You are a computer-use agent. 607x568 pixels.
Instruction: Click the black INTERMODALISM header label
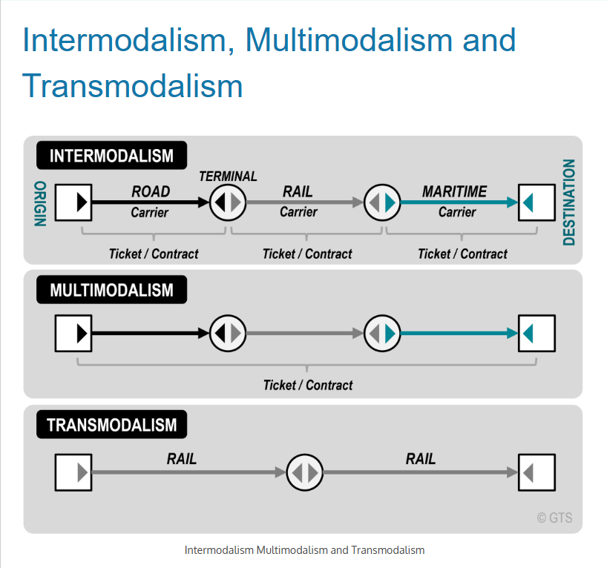tap(111, 156)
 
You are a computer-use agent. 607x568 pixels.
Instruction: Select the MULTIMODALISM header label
tap(111, 289)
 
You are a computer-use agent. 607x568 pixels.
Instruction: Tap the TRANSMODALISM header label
tap(111, 425)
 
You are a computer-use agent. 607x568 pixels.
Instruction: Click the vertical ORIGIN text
tap(40, 204)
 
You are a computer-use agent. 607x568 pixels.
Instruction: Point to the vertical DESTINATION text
tap(569, 202)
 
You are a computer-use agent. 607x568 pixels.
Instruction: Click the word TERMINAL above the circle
tap(228, 176)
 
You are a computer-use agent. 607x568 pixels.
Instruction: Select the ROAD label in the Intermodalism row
tap(151, 191)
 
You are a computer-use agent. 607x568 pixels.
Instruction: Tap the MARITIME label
tap(454, 191)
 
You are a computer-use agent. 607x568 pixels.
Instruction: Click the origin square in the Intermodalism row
tap(73, 202)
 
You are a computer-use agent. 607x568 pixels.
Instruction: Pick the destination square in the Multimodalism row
tap(537, 334)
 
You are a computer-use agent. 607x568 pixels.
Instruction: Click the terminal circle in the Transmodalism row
tap(305, 472)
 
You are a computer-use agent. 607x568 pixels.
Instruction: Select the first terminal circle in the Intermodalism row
tap(228, 202)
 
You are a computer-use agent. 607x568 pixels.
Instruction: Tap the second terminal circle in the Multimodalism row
tap(383, 334)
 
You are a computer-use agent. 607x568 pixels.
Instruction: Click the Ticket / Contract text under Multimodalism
tap(308, 385)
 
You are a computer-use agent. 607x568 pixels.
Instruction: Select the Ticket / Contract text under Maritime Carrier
tap(462, 254)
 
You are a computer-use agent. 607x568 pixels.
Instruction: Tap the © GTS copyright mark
tap(554, 518)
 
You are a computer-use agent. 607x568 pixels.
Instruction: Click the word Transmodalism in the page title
tap(133, 86)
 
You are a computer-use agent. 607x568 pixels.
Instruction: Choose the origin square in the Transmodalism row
tap(73, 472)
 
